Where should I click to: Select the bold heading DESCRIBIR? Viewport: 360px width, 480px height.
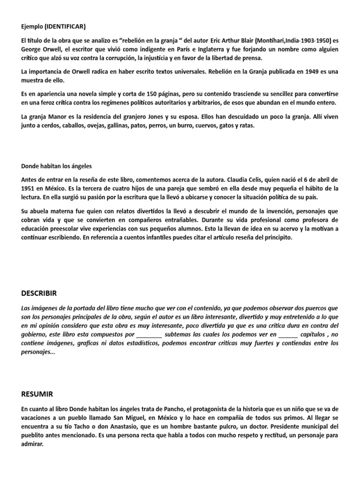pos(39,293)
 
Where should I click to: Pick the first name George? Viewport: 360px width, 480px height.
pos(32,49)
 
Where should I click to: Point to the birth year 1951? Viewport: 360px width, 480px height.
pos(29,188)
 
